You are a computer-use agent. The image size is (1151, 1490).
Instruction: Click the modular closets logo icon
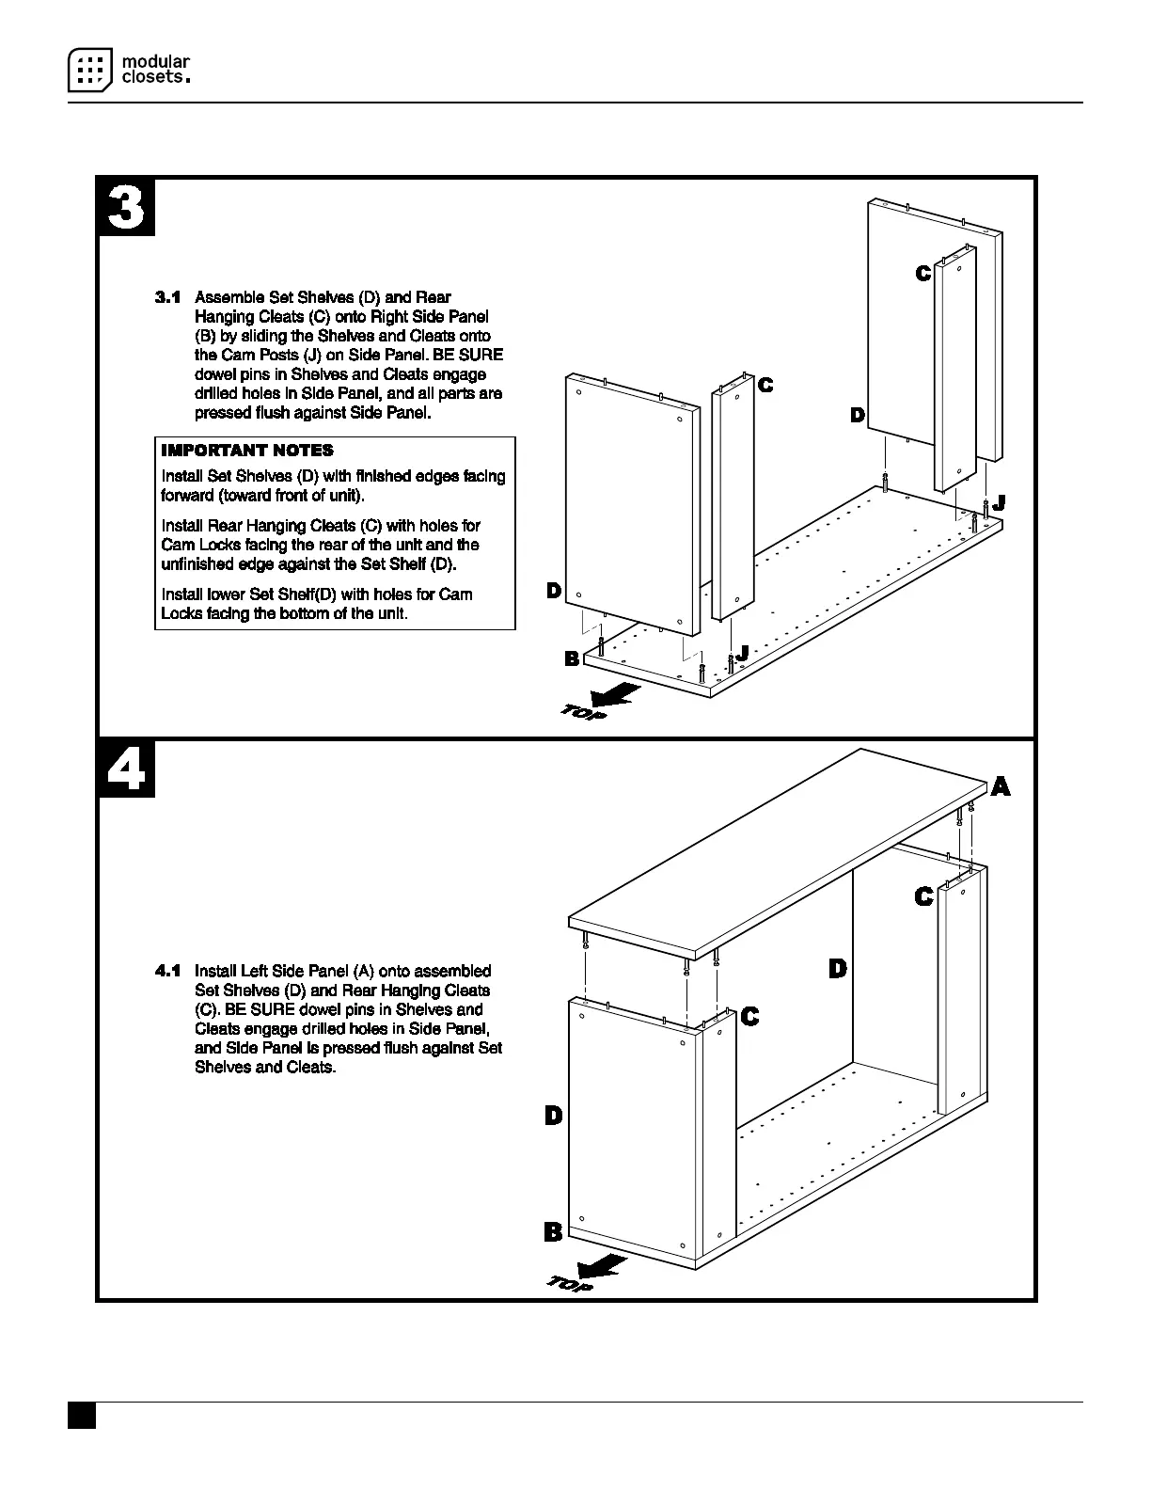tap(90, 69)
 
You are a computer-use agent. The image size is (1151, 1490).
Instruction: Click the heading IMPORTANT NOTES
tap(247, 451)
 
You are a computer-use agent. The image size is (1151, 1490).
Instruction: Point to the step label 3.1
tap(167, 297)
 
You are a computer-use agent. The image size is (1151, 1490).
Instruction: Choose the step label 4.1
tap(167, 971)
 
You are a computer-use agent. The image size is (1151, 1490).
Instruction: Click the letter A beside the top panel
tap(1001, 786)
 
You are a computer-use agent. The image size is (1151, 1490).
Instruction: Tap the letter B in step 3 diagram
tap(572, 658)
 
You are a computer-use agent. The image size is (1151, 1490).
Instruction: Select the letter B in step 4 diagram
tap(553, 1231)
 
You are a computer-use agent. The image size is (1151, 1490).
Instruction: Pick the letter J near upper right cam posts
tap(999, 503)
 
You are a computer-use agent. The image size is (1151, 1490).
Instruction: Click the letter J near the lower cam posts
tap(742, 652)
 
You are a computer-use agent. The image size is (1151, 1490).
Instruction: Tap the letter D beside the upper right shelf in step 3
tap(858, 415)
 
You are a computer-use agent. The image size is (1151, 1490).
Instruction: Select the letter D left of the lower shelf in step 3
tap(554, 591)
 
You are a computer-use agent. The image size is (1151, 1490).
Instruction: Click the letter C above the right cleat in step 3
tap(923, 273)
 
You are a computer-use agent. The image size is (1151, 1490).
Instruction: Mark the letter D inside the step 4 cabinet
tap(838, 968)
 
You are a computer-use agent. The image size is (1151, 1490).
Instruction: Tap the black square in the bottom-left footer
tap(82, 1417)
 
